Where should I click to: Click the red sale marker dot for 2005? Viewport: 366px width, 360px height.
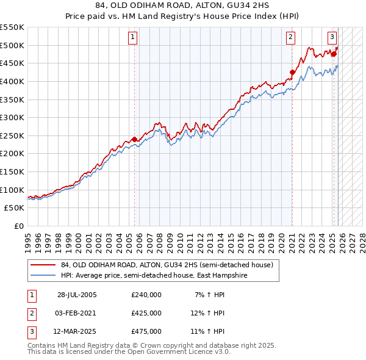coord(134,139)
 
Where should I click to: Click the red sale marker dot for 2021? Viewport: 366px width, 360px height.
coord(292,72)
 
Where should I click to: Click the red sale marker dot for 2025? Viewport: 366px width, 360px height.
coord(334,54)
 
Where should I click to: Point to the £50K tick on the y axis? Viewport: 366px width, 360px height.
coord(15,208)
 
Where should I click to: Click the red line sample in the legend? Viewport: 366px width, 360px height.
coord(43,265)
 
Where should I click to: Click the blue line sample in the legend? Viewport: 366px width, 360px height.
coord(43,275)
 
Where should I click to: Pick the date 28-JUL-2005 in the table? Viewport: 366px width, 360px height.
coord(77,295)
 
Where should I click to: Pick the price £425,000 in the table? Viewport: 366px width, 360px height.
coord(146,313)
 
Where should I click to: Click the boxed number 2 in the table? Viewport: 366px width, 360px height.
coord(30,313)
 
